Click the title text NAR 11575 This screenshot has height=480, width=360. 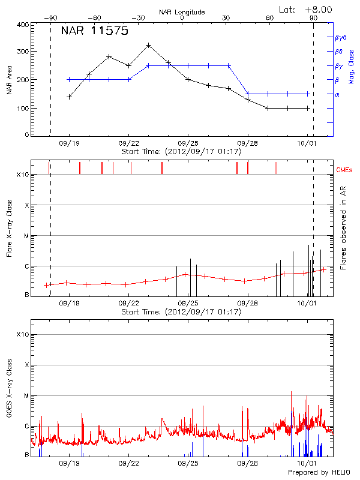click(x=94, y=32)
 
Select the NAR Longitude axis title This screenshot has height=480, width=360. click(x=182, y=12)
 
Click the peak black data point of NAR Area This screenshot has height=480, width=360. click(x=148, y=45)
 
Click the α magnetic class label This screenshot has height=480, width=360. click(x=337, y=94)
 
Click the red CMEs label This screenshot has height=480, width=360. click(x=344, y=170)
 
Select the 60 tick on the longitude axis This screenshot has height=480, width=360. click(x=270, y=18)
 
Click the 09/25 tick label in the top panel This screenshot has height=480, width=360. click(x=188, y=144)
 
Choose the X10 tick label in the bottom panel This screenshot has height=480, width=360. click(x=23, y=334)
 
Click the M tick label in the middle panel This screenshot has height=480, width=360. click(x=26, y=236)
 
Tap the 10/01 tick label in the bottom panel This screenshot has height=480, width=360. click(x=307, y=464)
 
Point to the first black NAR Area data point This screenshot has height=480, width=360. click(x=69, y=96)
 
